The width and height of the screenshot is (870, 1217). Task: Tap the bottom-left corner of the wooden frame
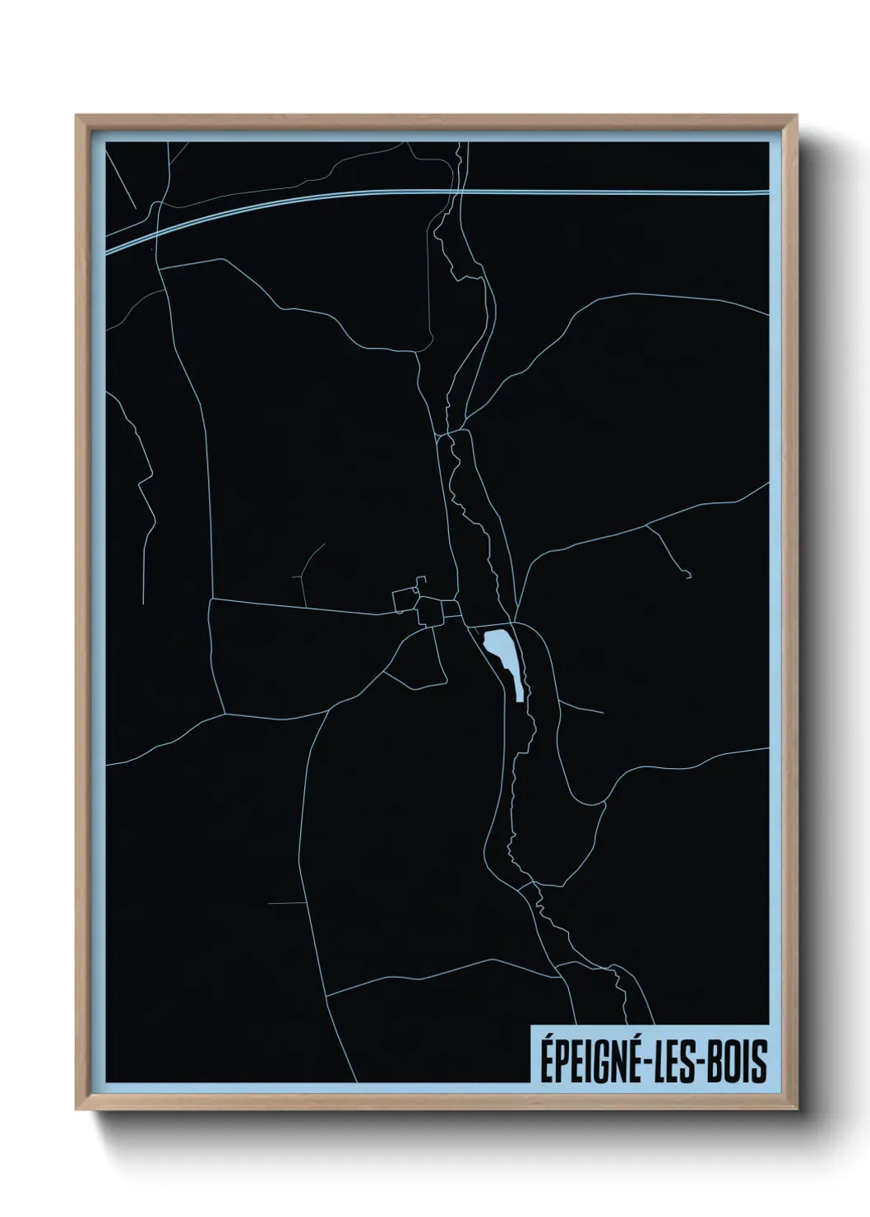[77, 1110]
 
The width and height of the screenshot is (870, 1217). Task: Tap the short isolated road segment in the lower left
[286, 903]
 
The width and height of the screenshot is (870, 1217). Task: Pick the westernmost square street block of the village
[404, 601]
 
